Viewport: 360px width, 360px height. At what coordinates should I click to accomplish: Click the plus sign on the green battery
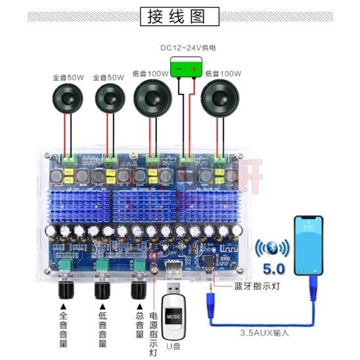coord(194,67)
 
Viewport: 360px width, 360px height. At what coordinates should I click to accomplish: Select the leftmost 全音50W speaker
coord(68,99)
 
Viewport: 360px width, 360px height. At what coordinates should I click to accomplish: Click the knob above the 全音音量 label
coord(65,289)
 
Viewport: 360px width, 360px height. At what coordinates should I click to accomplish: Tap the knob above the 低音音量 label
coord(102,289)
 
